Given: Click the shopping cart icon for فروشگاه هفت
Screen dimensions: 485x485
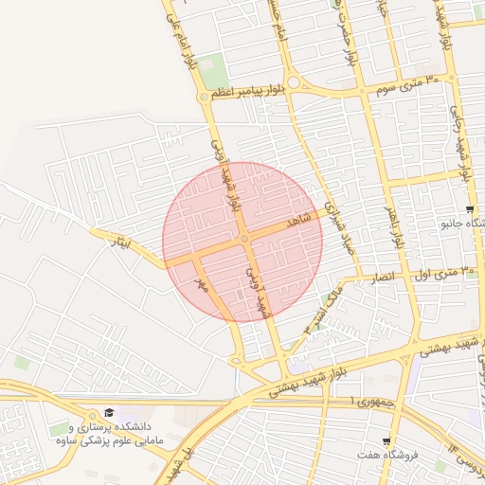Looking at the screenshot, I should (x=386, y=442).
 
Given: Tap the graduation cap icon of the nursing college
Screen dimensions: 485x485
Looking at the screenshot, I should (x=108, y=413).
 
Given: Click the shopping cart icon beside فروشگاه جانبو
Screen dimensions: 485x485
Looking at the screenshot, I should (x=469, y=208).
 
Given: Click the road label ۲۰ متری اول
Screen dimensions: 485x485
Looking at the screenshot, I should (x=446, y=272).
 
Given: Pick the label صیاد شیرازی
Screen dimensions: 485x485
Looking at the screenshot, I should (x=337, y=227).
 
